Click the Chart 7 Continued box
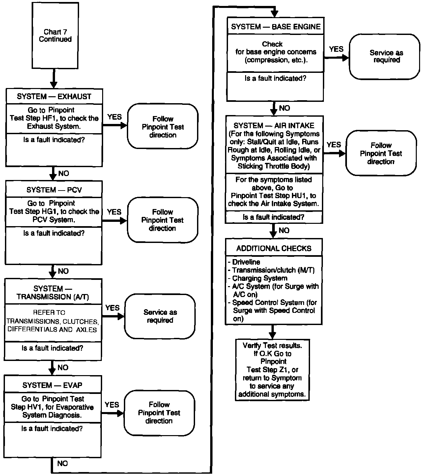[x=55, y=36]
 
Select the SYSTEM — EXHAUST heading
[x=54, y=97]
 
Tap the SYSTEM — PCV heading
[x=54, y=190]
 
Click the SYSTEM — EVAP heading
[x=52, y=385]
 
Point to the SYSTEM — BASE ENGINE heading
[x=276, y=27]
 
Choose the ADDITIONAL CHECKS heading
[x=274, y=248]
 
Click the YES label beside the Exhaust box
[x=114, y=117]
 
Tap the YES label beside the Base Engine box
[x=336, y=49]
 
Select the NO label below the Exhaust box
[x=64, y=173]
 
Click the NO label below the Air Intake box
[x=284, y=230]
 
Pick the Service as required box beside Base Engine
[x=384, y=56]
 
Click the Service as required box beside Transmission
[x=160, y=316]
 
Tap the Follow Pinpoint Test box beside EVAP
[x=159, y=413]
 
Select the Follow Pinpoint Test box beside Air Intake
[x=381, y=153]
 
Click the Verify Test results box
[x=272, y=370]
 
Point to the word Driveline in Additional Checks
[x=246, y=262]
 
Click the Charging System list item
[x=260, y=278]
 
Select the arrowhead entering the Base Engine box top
[x=274, y=14]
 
